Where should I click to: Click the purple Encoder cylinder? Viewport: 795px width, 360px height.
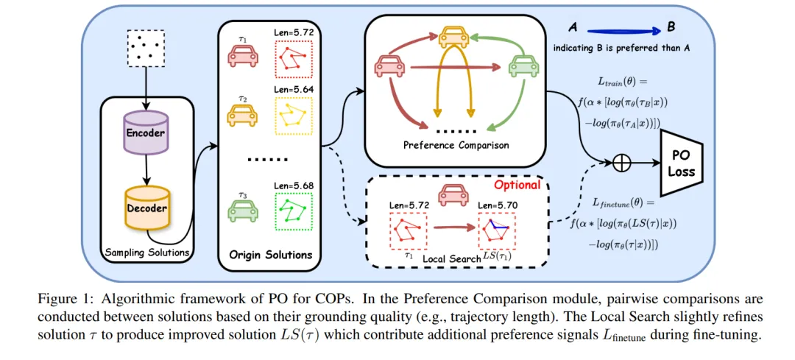[x=145, y=133]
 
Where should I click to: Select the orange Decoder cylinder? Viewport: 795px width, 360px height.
[x=147, y=208]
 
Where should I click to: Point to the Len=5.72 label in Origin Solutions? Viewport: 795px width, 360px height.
[x=292, y=34]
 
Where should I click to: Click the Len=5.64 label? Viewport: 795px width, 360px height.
[x=292, y=91]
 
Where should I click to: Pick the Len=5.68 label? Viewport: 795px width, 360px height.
[x=292, y=184]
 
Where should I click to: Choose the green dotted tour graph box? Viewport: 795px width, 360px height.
[x=293, y=208]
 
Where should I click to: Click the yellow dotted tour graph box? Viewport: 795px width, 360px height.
[x=293, y=114]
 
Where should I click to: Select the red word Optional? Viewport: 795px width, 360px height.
[x=517, y=184]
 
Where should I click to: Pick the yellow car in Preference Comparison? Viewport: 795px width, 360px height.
[x=455, y=36]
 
